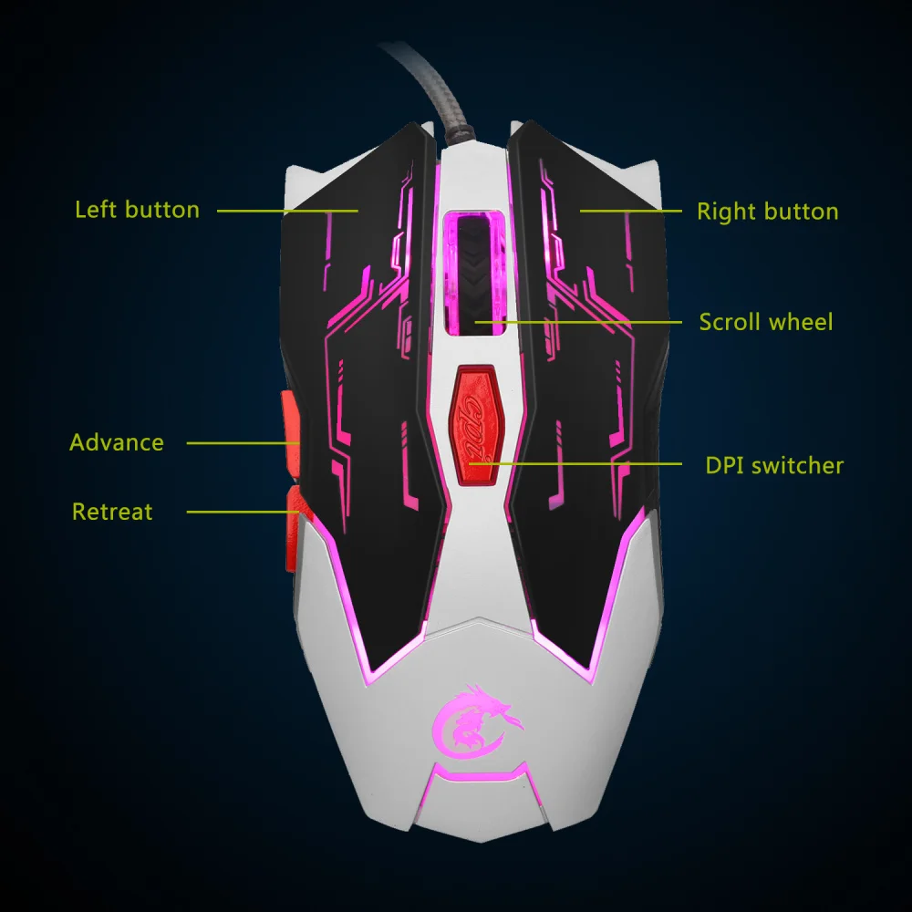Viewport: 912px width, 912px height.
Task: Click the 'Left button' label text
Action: coord(137,210)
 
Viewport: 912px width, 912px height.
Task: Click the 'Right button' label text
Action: coord(767,212)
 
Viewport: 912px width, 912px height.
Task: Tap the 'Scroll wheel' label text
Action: coord(766,322)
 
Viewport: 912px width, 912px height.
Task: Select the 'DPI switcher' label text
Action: coord(774,465)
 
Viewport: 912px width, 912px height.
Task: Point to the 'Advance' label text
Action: coord(117,443)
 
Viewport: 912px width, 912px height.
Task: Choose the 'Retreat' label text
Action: coord(112,512)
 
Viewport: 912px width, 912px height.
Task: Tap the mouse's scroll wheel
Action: coord(474,274)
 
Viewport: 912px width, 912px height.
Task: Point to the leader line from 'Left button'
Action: coord(287,211)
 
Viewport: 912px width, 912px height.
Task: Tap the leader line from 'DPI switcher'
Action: coord(575,463)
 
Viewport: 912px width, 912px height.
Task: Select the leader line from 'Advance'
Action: coord(243,443)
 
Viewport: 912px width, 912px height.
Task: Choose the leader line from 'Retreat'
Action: coord(243,512)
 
